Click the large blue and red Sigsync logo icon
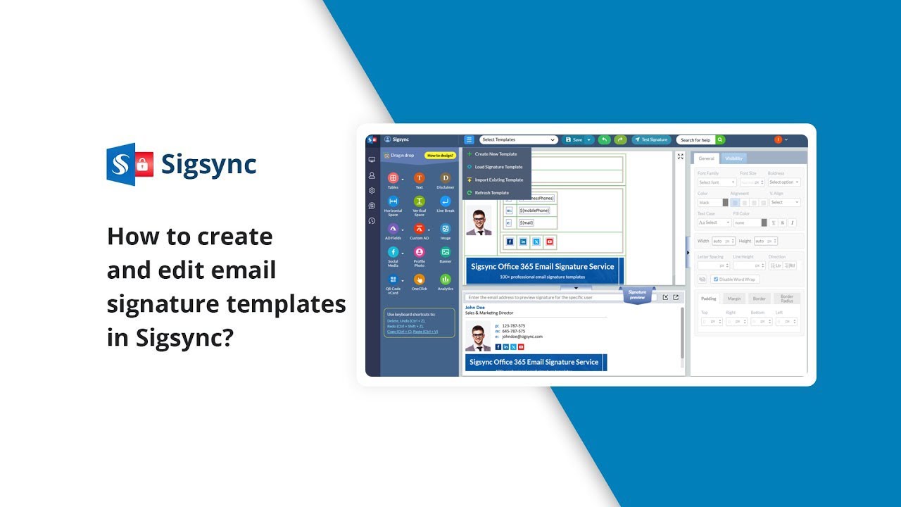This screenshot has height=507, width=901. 130,164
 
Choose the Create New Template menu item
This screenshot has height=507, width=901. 496,154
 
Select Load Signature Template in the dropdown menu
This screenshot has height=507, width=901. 498,167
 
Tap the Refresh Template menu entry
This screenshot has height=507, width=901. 491,192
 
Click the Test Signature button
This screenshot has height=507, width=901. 651,139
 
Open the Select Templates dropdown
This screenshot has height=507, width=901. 518,139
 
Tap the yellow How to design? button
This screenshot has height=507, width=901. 440,155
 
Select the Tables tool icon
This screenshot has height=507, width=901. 393,178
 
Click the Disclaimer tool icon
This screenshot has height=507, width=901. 445,178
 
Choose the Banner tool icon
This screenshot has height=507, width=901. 445,252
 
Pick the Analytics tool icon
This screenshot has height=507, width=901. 445,280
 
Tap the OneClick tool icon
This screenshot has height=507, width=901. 419,280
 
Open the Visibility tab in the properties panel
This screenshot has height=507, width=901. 733,158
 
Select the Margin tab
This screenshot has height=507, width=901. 734,299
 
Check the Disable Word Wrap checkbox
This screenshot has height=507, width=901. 715,279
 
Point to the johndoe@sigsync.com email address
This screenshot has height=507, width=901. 522,337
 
